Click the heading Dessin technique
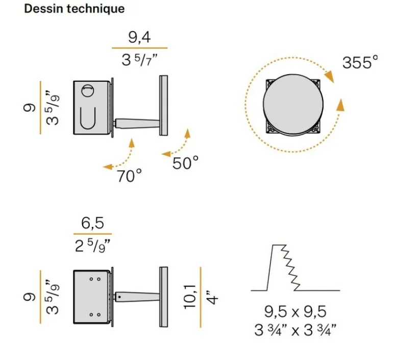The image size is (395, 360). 75,9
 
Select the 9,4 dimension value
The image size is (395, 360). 139,37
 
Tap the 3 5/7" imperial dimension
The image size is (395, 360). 139,60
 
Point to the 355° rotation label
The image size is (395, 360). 360,62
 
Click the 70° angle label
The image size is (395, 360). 129,176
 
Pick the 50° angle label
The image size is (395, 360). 185,162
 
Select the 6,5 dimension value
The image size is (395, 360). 92,223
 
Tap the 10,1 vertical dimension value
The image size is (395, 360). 190,297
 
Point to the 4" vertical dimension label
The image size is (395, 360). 212,298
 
